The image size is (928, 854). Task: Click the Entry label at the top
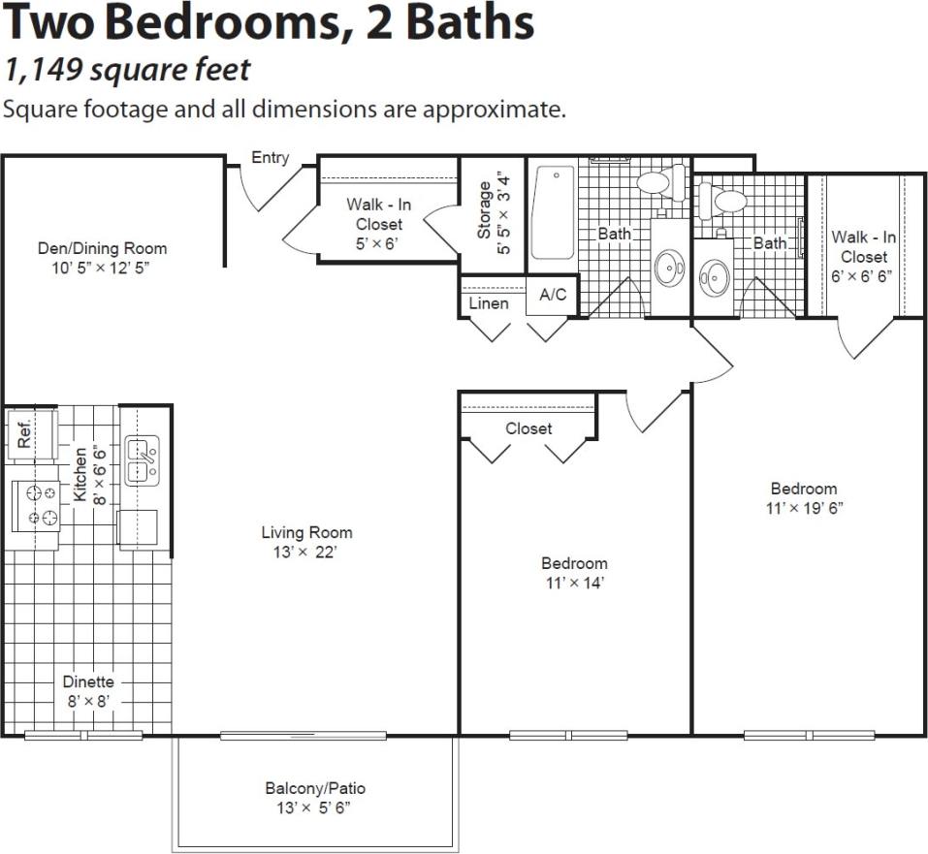[x=270, y=158]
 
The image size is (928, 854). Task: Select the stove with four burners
[x=35, y=506]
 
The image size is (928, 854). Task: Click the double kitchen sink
[x=142, y=461]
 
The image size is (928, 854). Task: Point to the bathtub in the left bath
[x=553, y=213]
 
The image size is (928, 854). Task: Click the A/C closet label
[x=553, y=296]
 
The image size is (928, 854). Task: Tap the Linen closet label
[x=488, y=303]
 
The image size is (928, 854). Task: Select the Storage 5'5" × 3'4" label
[x=493, y=213]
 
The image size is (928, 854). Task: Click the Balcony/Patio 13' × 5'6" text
[x=315, y=798]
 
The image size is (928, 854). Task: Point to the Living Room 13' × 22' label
[x=306, y=542]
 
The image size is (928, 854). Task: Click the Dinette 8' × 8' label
[x=88, y=690]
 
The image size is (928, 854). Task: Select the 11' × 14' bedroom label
[x=574, y=573]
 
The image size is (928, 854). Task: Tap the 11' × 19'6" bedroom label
[x=803, y=497]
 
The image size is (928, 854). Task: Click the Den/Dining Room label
[x=102, y=257]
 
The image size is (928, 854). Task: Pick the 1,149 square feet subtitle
[x=127, y=70]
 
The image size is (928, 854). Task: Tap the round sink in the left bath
[x=668, y=269]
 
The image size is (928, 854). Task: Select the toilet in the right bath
[x=722, y=201]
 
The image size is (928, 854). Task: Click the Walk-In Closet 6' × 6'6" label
[x=863, y=256]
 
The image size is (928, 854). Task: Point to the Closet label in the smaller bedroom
[x=528, y=428]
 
